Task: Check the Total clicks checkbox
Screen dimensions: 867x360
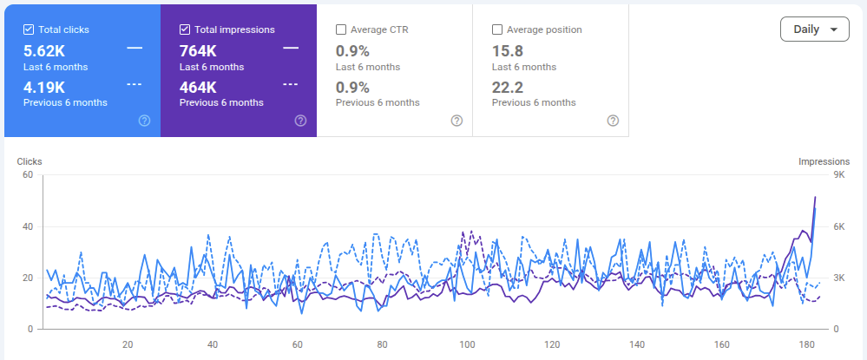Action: point(28,29)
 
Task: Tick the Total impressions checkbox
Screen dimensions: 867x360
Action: point(185,29)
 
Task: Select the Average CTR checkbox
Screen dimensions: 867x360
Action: point(341,29)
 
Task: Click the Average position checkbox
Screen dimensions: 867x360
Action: point(497,29)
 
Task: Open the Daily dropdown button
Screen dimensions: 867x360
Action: point(814,29)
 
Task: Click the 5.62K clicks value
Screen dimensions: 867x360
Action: point(44,51)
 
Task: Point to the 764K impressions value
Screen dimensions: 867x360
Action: point(198,51)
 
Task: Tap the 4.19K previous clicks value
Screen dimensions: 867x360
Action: point(44,88)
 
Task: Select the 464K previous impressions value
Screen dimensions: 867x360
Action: point(198,88)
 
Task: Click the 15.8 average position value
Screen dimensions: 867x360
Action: point(508,51)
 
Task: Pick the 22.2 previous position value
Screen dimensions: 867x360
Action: point(508,88)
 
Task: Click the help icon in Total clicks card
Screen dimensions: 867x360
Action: point(144,121)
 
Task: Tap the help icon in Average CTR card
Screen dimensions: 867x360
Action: point(456,121)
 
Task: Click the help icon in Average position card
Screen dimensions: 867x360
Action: point(613,121)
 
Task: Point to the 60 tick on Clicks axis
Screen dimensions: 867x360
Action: point(28,175)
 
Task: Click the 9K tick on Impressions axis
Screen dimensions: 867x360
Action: point(839,175)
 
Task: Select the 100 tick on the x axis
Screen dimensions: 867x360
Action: point(467,344)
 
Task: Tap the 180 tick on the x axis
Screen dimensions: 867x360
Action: point(807,344)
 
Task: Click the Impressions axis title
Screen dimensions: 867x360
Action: point(824,162)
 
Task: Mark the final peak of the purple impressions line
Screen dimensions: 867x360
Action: point(815,197)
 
